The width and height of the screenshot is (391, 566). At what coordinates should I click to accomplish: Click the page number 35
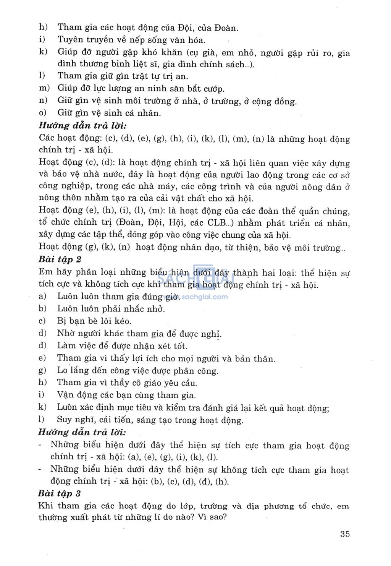coord(344,534)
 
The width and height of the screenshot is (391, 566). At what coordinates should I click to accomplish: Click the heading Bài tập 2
coord(60,259)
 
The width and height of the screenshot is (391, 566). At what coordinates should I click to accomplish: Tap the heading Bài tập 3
coord(59,493)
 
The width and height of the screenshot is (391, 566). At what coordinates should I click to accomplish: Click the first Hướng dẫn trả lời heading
coord(82,125)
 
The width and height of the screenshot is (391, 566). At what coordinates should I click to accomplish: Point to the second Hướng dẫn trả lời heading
coord(82,432)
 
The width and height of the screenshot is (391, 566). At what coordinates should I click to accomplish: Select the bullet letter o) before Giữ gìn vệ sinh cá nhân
coord(43,113)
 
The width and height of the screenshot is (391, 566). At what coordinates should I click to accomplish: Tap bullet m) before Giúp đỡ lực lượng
coord(44,88)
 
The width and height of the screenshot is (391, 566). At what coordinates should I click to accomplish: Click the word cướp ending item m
coord(214,89)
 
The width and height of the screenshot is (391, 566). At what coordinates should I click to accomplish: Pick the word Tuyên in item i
coord(69,40)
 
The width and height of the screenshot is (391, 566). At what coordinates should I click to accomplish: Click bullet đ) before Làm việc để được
coord(42,345)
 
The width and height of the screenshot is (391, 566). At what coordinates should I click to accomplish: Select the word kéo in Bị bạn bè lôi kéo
coord(123,321)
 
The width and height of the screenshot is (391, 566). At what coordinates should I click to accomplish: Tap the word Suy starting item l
coord(64,420)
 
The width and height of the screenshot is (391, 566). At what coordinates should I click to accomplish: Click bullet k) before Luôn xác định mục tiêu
coord(42,407)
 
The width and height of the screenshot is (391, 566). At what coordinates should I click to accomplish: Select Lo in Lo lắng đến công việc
coord(62,370)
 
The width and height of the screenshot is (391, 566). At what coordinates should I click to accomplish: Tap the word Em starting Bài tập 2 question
coord(46,272)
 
